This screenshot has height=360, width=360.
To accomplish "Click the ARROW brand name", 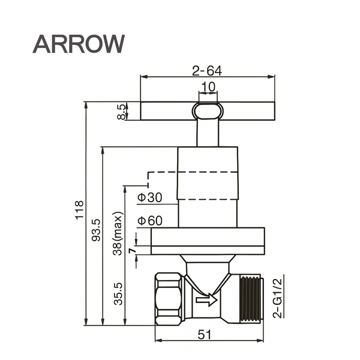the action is click(x=79, y=44).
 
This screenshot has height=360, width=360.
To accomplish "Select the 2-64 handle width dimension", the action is click(x=207, y=71).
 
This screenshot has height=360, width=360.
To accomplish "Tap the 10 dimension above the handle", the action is click(x=208, y=87).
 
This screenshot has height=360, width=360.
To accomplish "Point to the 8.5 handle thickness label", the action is click(x=121, y=112).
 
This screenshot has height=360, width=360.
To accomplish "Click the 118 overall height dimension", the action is click(x=80, y=210).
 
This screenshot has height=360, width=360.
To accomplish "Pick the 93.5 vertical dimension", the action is click(x=96, y=230).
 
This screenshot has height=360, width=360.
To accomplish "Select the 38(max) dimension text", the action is click(x=118, y=233).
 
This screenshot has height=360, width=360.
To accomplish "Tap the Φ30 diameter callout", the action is click(x=149, y=197).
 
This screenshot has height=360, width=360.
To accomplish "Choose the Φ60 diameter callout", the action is click(x=149, y=220).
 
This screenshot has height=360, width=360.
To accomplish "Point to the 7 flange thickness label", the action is click(x=133, y=251).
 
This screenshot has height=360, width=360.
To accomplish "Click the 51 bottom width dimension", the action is click(x=205, y=335).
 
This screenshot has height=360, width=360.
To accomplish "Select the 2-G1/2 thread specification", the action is click(x=277, y=298).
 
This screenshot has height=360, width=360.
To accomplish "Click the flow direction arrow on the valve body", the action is click(x=206, y=300).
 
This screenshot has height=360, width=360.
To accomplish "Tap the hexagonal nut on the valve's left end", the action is click(x=168, y=299).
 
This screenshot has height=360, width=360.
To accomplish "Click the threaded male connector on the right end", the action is click(x=251, y=298).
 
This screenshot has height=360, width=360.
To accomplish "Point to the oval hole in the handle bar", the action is click(x=208, y=111).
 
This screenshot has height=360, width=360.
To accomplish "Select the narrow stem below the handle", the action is click(x=208, y=133).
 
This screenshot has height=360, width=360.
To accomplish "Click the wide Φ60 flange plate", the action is click(x=208, y=241).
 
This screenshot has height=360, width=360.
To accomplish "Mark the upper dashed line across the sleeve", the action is click(x=193, y=172).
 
